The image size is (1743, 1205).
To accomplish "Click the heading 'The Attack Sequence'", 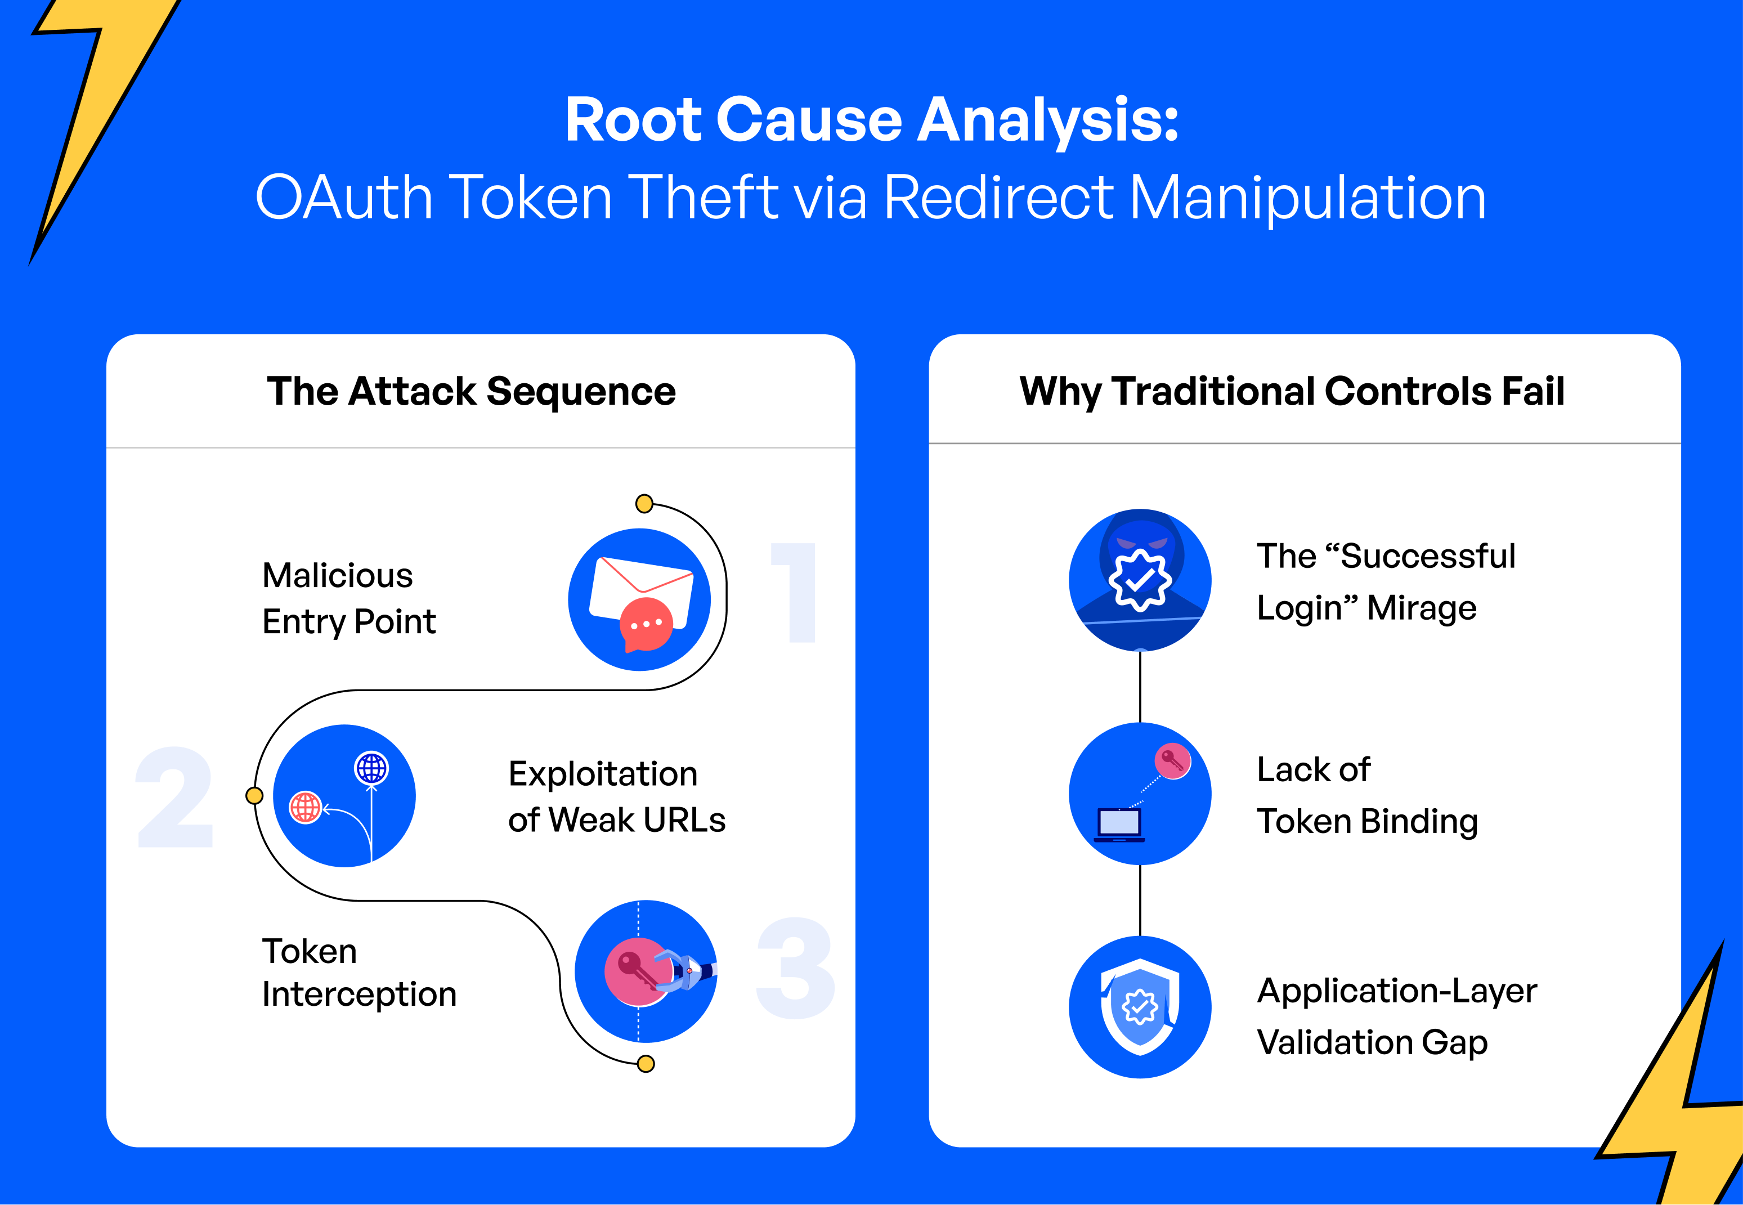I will (x=471, y=391).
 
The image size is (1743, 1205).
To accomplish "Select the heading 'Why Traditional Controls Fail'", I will (x=1292, y=391).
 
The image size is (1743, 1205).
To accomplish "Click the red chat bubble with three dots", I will (x=646, y=624).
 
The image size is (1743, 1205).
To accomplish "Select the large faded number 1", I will (x=795, y=593).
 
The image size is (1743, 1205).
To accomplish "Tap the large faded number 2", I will (x=175, y=798).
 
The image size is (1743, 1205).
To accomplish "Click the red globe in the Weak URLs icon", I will (x=306, y=807).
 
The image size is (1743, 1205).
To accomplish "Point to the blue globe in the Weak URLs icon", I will (x=371, y=769).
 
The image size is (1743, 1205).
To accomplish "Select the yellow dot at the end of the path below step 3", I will (x=646, y=1064).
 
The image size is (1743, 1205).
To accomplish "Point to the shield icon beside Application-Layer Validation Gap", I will (x=1140, y=1006).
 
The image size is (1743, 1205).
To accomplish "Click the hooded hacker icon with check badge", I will (x=1140, y=580).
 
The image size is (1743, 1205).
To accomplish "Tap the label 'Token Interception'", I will (x=359, y=973).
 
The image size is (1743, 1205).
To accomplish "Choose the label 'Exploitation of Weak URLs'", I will (x=616, y=796).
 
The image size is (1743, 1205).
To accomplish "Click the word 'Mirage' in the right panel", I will (x=1422, y=608).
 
